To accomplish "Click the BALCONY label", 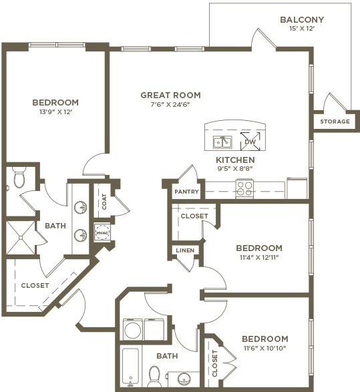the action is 302,19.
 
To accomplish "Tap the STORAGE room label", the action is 335,122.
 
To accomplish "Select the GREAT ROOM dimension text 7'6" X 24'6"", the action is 170,104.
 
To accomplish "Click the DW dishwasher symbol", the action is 250,142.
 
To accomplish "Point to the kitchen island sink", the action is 222,142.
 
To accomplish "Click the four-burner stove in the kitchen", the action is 244,188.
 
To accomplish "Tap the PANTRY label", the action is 186,192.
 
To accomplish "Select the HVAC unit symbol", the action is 102,232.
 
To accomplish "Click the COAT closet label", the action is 104,202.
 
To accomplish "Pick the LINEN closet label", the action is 185,250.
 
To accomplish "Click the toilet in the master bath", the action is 19,177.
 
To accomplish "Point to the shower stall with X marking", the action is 21,238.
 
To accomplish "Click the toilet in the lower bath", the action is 154,376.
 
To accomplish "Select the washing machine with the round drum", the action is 133,329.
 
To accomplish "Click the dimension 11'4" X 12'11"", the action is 259,257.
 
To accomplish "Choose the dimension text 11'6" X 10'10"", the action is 265,348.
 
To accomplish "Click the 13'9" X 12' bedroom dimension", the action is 55,112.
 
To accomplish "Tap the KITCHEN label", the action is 235,160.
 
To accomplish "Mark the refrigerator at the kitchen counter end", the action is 297,188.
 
